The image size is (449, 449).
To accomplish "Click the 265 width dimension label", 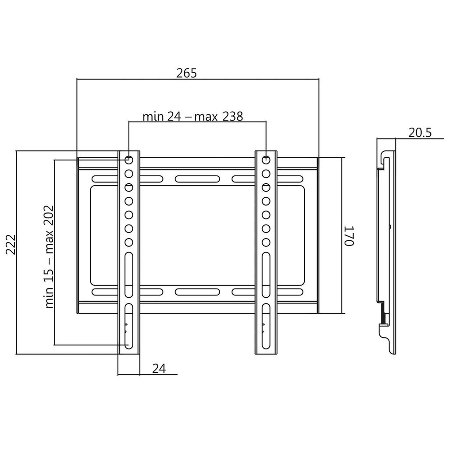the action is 187,73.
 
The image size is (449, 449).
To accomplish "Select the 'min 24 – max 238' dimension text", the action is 193,117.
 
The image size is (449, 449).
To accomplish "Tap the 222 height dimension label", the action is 11,245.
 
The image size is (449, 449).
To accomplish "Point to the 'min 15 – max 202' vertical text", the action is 49,257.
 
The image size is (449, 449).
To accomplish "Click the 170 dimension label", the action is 349,235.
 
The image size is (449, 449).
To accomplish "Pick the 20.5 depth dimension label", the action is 420,133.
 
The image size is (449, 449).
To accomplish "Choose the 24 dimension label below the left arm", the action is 159,368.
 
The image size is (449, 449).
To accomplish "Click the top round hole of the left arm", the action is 129,160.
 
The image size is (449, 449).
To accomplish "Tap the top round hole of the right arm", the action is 266,160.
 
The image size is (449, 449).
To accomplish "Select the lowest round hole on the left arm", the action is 129,242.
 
